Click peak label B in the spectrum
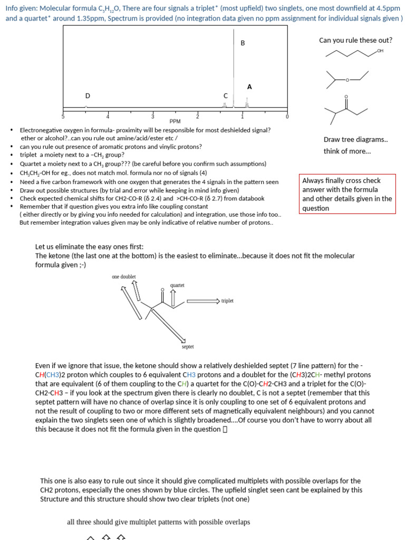pos(243,43)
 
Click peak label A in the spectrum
pos(249,86)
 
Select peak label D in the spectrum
pos(88,95)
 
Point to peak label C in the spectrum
pos(226,95)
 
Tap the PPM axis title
pos(175,121)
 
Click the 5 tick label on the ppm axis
pos(63,116)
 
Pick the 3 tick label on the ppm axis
pos(153,116)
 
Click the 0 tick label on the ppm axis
pos(287,116)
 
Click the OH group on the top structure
pos(380,51)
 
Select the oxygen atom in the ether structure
pos(347,80)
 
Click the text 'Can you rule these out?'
pos(355,40)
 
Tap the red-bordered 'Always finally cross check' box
pos(347,194)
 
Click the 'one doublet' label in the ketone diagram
pos(124,276)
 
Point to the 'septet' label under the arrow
pos(188,346)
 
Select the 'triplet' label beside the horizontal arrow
pos(227,301)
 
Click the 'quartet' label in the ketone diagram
pos(177,285)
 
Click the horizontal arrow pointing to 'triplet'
pos(202,301)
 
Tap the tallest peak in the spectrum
pos(234,63)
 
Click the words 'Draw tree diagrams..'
pos(355,140)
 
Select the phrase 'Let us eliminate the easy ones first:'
pos(89,246)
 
